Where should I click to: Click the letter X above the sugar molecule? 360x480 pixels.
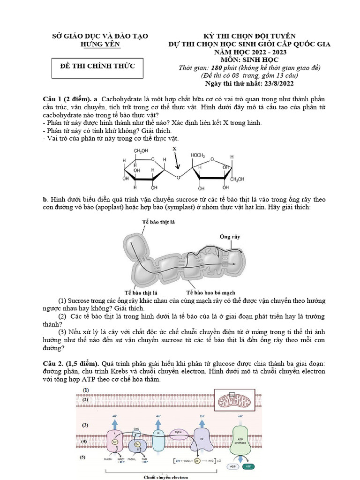175,148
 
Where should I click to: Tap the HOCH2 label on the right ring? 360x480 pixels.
198,155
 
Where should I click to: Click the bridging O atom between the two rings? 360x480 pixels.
179,177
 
